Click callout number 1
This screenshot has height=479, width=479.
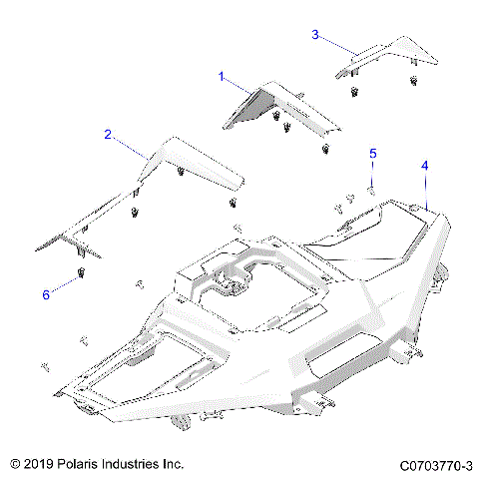pos(222,75)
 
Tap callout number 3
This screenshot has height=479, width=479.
pos(315,35)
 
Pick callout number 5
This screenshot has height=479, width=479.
pos(373,153)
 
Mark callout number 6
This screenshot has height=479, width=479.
pos(46,293)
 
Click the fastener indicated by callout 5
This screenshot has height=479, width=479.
pos(370,187)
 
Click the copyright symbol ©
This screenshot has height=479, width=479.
pos(14,464)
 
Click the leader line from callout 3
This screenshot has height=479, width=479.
pos(335,44)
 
